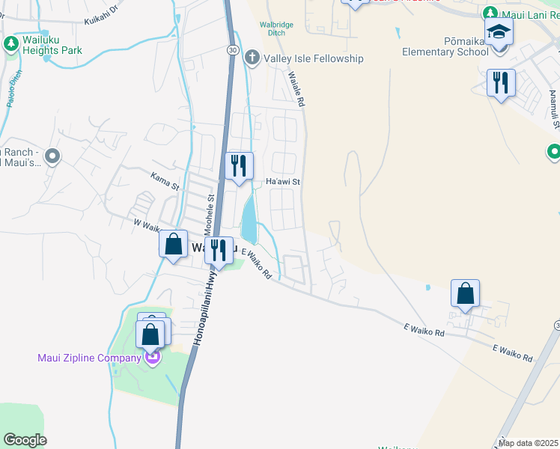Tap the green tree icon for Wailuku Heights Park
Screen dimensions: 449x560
tap(11, 43)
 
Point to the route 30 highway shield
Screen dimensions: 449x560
tap(234, 49)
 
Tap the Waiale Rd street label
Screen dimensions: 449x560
tap(296, 90)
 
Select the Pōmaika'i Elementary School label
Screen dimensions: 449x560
tap(445, 46)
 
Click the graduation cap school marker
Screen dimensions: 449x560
tap(497, 33)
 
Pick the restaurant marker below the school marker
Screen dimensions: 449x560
tap(501, 82)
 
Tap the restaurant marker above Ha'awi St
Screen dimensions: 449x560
tap(240, 165)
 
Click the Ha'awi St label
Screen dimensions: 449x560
tap(283, 182)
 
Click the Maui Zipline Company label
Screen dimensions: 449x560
tap(89, 358)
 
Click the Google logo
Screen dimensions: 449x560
tap(25, 440)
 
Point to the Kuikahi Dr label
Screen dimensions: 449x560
tap(102, 11)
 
